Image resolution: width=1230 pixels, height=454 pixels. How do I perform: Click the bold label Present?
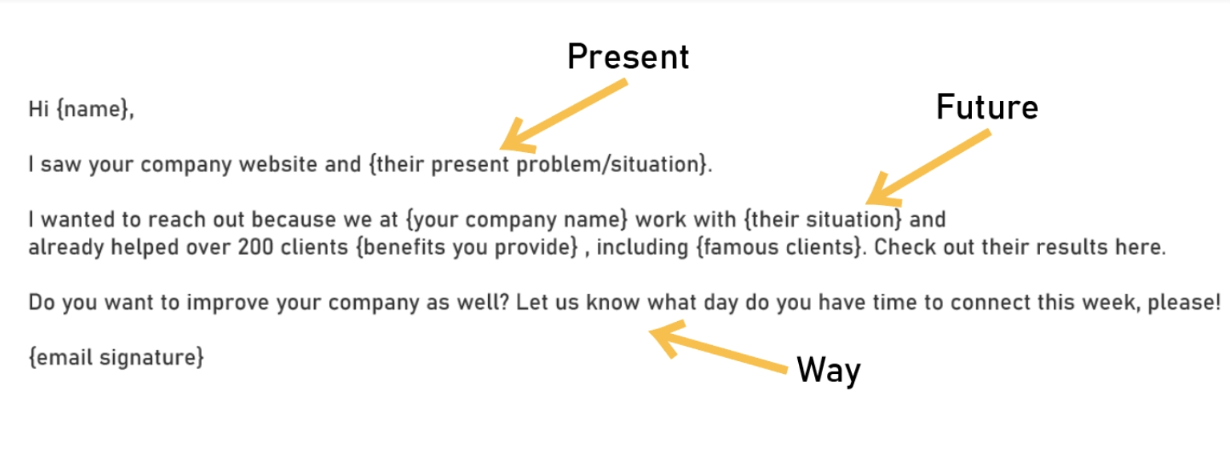tap(627, 57)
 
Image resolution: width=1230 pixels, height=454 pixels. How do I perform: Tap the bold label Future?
tap(986, 107)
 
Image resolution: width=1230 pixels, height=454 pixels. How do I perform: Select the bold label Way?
tap(828, 370)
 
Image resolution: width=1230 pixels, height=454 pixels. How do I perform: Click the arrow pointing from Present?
tap(563, 115)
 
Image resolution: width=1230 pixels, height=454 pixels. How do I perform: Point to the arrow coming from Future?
tap(928, 167)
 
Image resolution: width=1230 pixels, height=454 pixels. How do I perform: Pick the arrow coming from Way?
tap(718, 347)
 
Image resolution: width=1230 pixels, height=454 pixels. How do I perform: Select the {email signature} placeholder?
tap(116, 357)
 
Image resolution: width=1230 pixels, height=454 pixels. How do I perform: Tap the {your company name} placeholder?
tap(517, 219)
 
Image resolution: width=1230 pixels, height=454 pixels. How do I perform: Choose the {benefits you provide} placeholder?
tap(467, 247)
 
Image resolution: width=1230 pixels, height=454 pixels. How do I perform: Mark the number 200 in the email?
tap(256, 247)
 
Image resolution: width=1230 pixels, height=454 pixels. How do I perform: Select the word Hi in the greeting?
tap(38, 109)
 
